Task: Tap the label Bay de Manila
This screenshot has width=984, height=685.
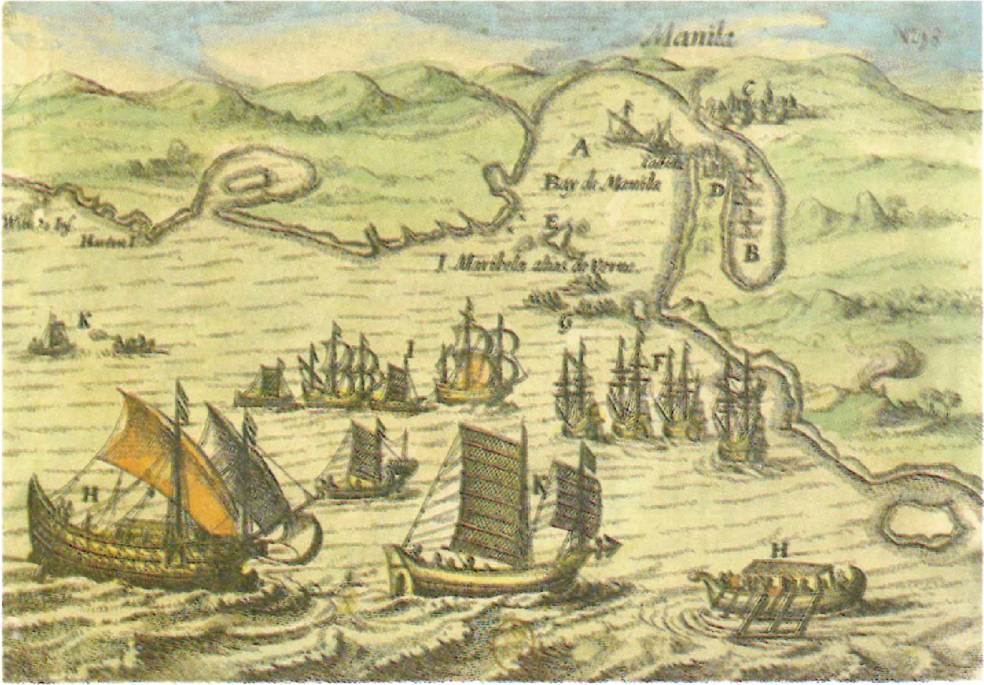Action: pos(602,185)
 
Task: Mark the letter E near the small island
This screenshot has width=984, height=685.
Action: pos(550,220)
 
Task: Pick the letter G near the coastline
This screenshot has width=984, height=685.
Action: pos(565,322)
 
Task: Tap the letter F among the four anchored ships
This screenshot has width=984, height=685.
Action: pos(657,362)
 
